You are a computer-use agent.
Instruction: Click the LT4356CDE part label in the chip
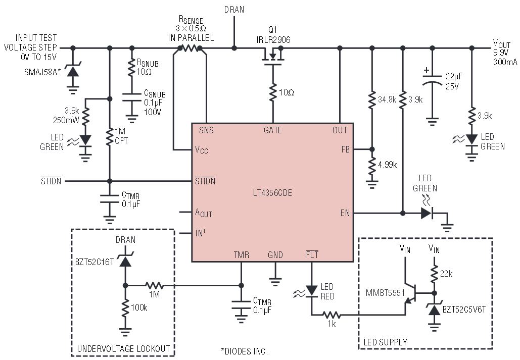[272, 193]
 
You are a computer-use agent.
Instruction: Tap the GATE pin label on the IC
[272, 130]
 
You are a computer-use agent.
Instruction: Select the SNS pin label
[206, 130]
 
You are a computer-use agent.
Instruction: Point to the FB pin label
[346, 149]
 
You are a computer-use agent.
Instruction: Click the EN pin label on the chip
[345, 213]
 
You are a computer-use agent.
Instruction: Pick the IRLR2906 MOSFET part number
[273, 40]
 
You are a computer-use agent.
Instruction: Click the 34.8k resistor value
[387, 99]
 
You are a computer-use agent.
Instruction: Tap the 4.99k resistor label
[387, 165]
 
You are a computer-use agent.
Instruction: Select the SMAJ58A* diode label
[42, 72]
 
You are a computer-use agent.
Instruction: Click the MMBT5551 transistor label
[385, 293]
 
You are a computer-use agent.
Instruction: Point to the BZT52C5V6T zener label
[464, 310]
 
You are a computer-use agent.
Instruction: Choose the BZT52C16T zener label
[94, 262]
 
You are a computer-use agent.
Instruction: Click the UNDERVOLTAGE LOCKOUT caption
[123, 349]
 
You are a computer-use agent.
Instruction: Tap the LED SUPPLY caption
[386, 342]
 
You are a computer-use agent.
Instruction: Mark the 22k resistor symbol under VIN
[434, 274]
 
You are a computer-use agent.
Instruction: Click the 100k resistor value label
[139, 307]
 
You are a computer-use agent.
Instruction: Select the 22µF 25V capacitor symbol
[432, 80]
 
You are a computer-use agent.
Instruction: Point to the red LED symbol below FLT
[311, 291]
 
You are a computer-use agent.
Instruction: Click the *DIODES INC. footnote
[245, 351]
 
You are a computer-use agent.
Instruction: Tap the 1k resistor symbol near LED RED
[332, 315]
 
